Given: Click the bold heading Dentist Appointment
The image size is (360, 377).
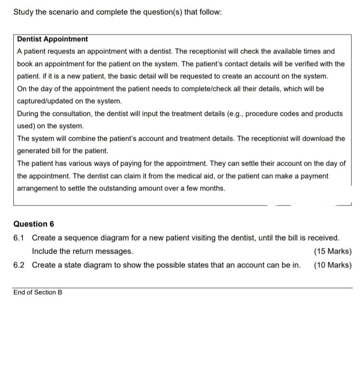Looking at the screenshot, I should pos(52,39).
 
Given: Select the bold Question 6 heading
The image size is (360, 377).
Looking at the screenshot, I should pos(34,224).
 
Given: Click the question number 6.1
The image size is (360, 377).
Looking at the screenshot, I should pos(19,238).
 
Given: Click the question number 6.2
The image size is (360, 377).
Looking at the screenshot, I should pos(19,265).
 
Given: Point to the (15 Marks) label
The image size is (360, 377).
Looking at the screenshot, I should pos(332,251).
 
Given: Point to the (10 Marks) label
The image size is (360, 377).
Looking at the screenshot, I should pos(332,265).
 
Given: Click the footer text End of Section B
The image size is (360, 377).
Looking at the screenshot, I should pos(37,292).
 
